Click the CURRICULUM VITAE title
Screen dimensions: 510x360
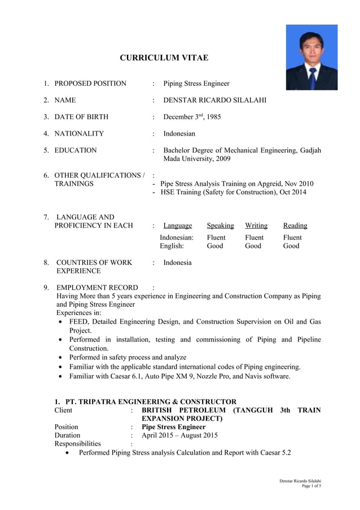pyautogui.click(x=164, y=58)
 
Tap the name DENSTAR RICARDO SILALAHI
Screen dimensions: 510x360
pyautogui.click(x=214, y=100)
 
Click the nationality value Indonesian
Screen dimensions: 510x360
pyautogui.click(x=179, y=134)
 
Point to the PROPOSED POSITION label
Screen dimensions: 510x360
pyautogui.click(x=90, y=84)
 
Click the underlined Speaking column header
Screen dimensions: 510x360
pyautogui.click(x=220, y=225)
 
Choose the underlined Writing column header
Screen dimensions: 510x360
pyautogui.click(x=256, y=225)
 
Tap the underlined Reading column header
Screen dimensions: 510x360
pyautogui.click(x=295, y=225)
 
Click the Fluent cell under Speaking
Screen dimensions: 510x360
pyautogui.click(x=216, y=238)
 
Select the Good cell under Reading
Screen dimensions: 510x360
pyautogui.click(x=291, y=246)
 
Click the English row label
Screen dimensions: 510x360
pyautogui.click(x=172, y=246)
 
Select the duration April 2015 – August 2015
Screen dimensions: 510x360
pyautogui.click(x=179, y=435)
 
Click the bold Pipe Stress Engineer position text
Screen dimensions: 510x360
pyautogui.click(x=173, y=427)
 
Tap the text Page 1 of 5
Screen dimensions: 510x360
pyautogui.click(x=311, y=486)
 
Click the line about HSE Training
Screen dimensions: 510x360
pyautogui.click(x=234, y=193)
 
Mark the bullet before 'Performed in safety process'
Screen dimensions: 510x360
pyautogui.click(x=61, y=358)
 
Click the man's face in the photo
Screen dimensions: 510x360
pyautogui.click(x=311, y=48)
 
